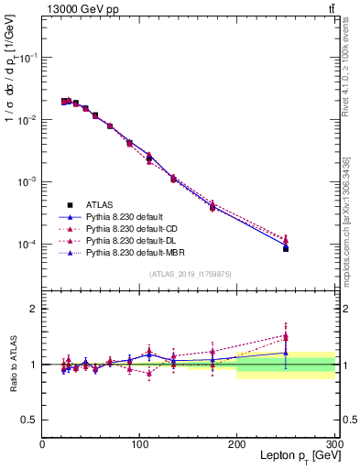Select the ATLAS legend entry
(101, 204)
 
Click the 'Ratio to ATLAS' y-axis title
(14, 365)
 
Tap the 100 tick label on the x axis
(140, 444)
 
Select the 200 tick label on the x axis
(237, 444)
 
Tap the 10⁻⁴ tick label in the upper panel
(27, 245)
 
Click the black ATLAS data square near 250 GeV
(286, 248)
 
